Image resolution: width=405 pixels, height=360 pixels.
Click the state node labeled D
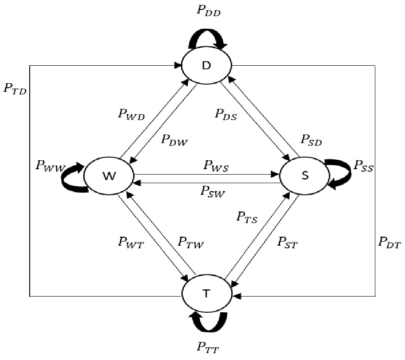pyautogui.click(x=207, y=66)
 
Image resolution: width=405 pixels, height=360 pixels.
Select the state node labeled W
pyautogui.click(x=108, y=176)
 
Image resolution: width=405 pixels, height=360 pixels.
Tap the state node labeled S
pyautogui.click(x=305, y=176)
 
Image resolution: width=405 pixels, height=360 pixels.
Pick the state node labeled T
pyautogui.click(x=207, y=293)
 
